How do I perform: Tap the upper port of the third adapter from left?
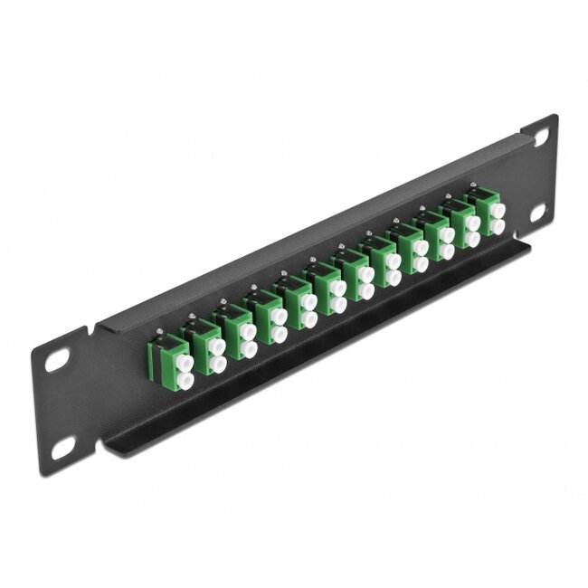click(244, 326)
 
